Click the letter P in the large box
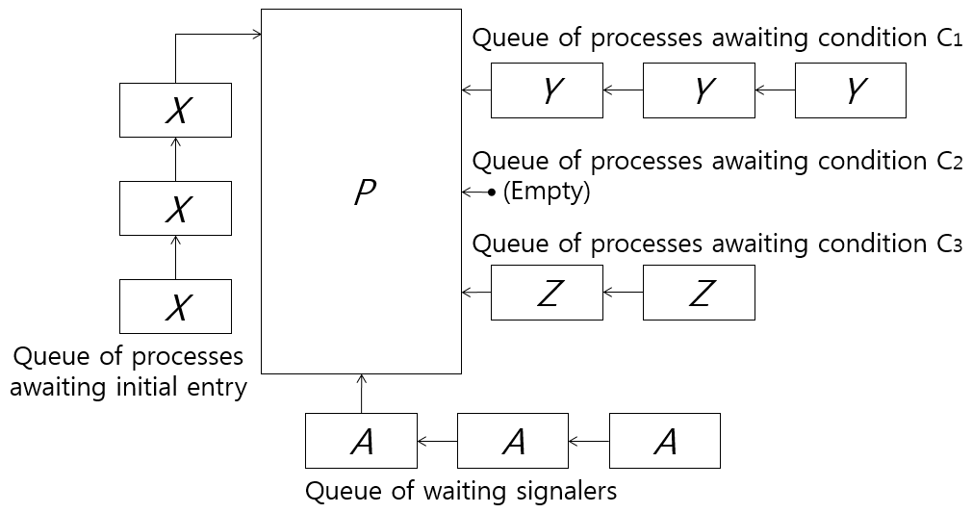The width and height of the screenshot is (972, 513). (x=364, y=192)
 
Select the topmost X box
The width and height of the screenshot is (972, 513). (x=175, y=110)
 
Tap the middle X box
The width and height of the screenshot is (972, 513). (x=175, y=208)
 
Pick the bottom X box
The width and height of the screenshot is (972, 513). (x=175, y=306)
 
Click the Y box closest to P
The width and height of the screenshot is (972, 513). (x=547, y=90)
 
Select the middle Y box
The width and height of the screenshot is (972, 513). (x=699, y=90)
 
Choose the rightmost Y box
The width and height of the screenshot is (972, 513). (x=851, y=90)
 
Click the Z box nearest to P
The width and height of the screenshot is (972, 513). (x=547, y=293)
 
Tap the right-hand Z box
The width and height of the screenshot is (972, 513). (x=699, y=293)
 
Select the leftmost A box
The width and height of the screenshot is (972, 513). (x=361, y=441)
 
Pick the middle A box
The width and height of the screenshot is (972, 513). (x=513, y=441)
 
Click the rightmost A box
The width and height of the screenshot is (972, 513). (x=665, y=441)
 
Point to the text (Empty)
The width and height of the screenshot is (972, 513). (x=546, y=192)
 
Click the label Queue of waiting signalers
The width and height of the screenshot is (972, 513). (x=461, y=491)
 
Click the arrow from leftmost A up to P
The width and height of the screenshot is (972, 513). (x=362, y=394)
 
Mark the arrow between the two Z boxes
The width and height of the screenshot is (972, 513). (x=623, y=293)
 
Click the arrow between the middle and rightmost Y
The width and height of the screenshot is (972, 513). (x=775, y=90)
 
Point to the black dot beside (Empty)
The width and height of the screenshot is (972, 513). (x=491, y=192)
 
